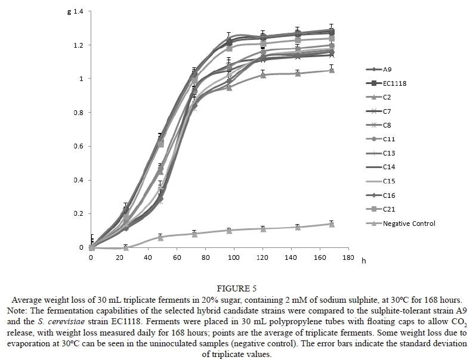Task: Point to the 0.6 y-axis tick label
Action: (78, 147)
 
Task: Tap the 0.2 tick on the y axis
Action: (78, 214)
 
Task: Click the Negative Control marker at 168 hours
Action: (332, 224)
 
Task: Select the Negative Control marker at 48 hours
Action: (160, 237)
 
